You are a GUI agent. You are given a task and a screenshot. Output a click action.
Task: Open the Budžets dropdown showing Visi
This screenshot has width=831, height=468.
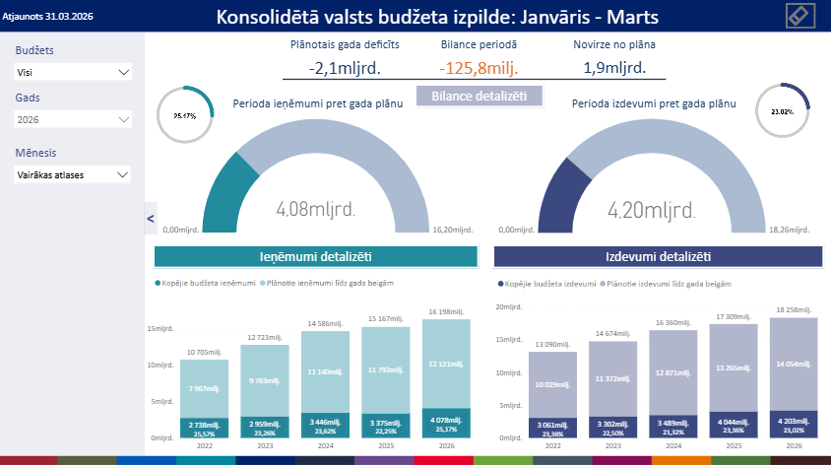[x=73, y=72]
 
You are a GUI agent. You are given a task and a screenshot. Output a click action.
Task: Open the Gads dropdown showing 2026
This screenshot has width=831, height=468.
[x=73, y=119]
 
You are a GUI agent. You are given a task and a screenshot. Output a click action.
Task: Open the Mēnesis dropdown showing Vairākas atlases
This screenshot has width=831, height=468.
[x=73, y=174]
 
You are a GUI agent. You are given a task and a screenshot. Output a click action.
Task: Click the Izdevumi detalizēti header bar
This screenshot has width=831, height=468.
[x=658, y=256]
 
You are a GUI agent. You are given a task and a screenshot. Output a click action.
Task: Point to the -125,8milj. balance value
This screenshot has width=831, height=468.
[x=479, y=68]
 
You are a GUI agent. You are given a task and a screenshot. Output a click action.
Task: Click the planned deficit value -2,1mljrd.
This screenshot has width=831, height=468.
[x=345, y=68]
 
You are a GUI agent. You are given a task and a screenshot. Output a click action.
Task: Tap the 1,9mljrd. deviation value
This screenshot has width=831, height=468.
[x=614, y=68]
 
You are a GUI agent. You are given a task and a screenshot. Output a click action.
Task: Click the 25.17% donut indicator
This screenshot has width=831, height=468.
[x=185, y=115]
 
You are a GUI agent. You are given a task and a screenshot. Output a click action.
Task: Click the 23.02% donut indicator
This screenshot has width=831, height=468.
[x=783, y=111]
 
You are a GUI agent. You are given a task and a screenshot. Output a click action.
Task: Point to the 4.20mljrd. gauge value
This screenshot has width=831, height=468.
[x=652, y=209]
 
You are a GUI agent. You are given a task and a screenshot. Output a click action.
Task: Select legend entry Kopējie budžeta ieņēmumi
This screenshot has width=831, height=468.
[x=206, y=283]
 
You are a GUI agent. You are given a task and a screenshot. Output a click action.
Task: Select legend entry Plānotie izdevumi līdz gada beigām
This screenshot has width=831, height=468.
[x=670, y=283]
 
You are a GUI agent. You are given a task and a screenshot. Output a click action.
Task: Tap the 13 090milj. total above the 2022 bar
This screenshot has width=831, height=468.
[x=552, y=344]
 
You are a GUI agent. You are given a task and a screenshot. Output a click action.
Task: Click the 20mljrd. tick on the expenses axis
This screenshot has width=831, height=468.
[x=507, y=307]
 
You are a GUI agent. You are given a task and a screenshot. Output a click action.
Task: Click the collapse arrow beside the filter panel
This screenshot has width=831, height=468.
[x=150, y=218]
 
